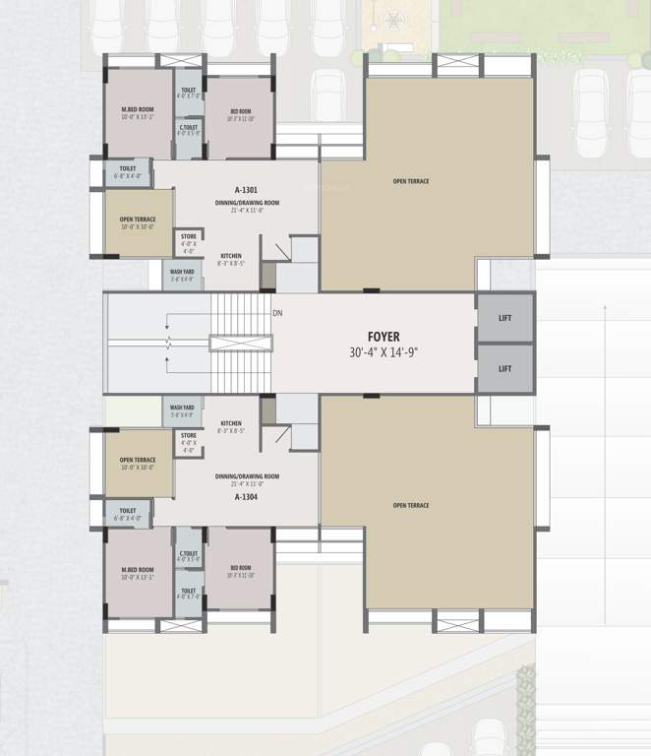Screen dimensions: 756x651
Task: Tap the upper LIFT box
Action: click(x=505, y=317)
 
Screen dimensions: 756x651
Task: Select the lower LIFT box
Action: click(x=505, y=368)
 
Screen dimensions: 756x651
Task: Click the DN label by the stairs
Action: click(x=278, y=313)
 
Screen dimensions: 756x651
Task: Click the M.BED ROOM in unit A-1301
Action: click(x=138, y=113)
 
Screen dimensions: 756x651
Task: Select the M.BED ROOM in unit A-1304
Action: click(x=138, y=573)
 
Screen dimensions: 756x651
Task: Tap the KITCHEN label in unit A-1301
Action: click(x=232, y=255)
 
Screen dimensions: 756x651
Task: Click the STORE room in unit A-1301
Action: click(x=189, y=242)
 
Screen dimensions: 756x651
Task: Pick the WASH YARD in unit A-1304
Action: click(x=182, y=410)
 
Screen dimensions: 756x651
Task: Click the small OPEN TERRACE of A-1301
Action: click(x=139, y=222)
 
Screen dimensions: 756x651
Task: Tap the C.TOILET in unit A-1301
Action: click(x=189, y=130)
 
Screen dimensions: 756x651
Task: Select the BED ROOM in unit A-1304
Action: click(x=241, y=571)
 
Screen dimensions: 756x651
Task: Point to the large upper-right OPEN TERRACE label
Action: click(x=411, y=181)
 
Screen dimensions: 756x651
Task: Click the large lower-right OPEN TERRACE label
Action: click(x=411, y=505)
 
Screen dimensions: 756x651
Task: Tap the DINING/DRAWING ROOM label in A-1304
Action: click(x=248, y=480)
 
